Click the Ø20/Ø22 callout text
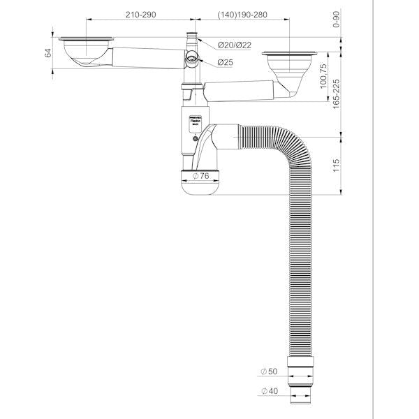tap(234, 45)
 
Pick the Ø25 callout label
tap(225, 63)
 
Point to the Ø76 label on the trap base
tap(202, 176)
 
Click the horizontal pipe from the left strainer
tap(147, 55)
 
